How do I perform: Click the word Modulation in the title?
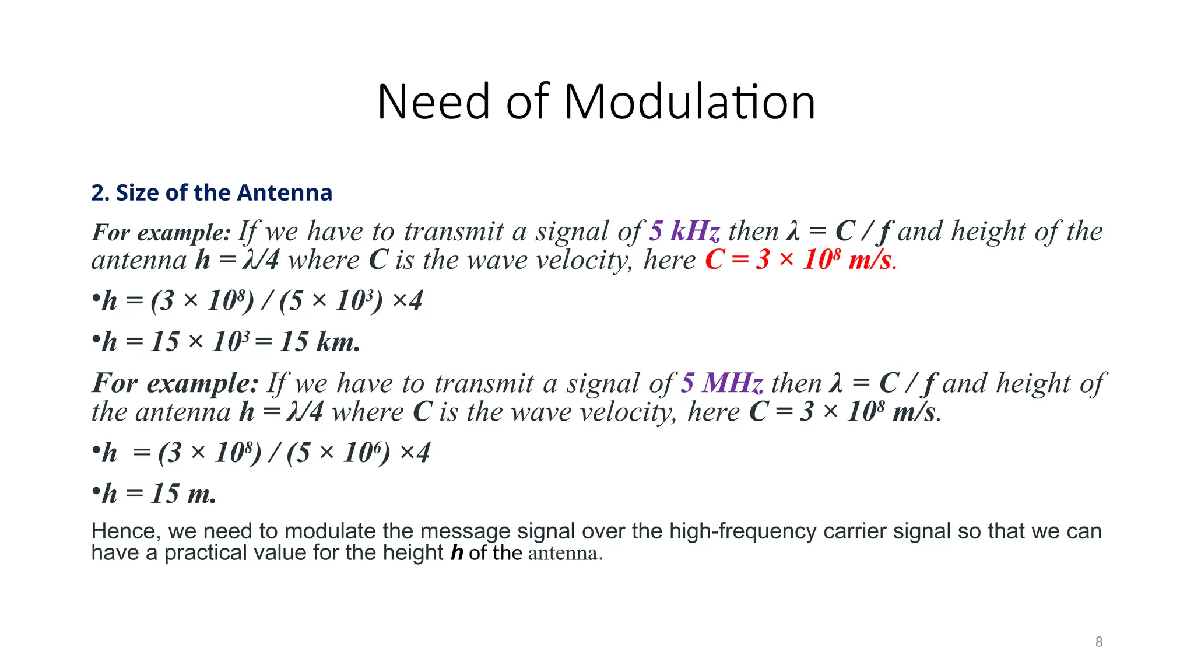(x=689, y=102)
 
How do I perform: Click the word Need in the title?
(x=433, y=102)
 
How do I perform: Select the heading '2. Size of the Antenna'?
(x=212, y=192)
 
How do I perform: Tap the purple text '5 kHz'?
(x=684, y=232)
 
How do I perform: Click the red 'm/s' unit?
(x=870, y=260)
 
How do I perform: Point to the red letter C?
(x=714, y=260)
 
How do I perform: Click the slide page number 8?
(x=1098, y=642)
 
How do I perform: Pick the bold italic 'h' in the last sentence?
(x=456, y=552)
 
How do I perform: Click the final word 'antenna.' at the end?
(x=565, y=553)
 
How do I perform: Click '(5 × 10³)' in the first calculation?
(x=331, y=301)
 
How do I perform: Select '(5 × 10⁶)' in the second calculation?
(x=338, y=453)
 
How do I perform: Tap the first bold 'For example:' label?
(x=161, y=232)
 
